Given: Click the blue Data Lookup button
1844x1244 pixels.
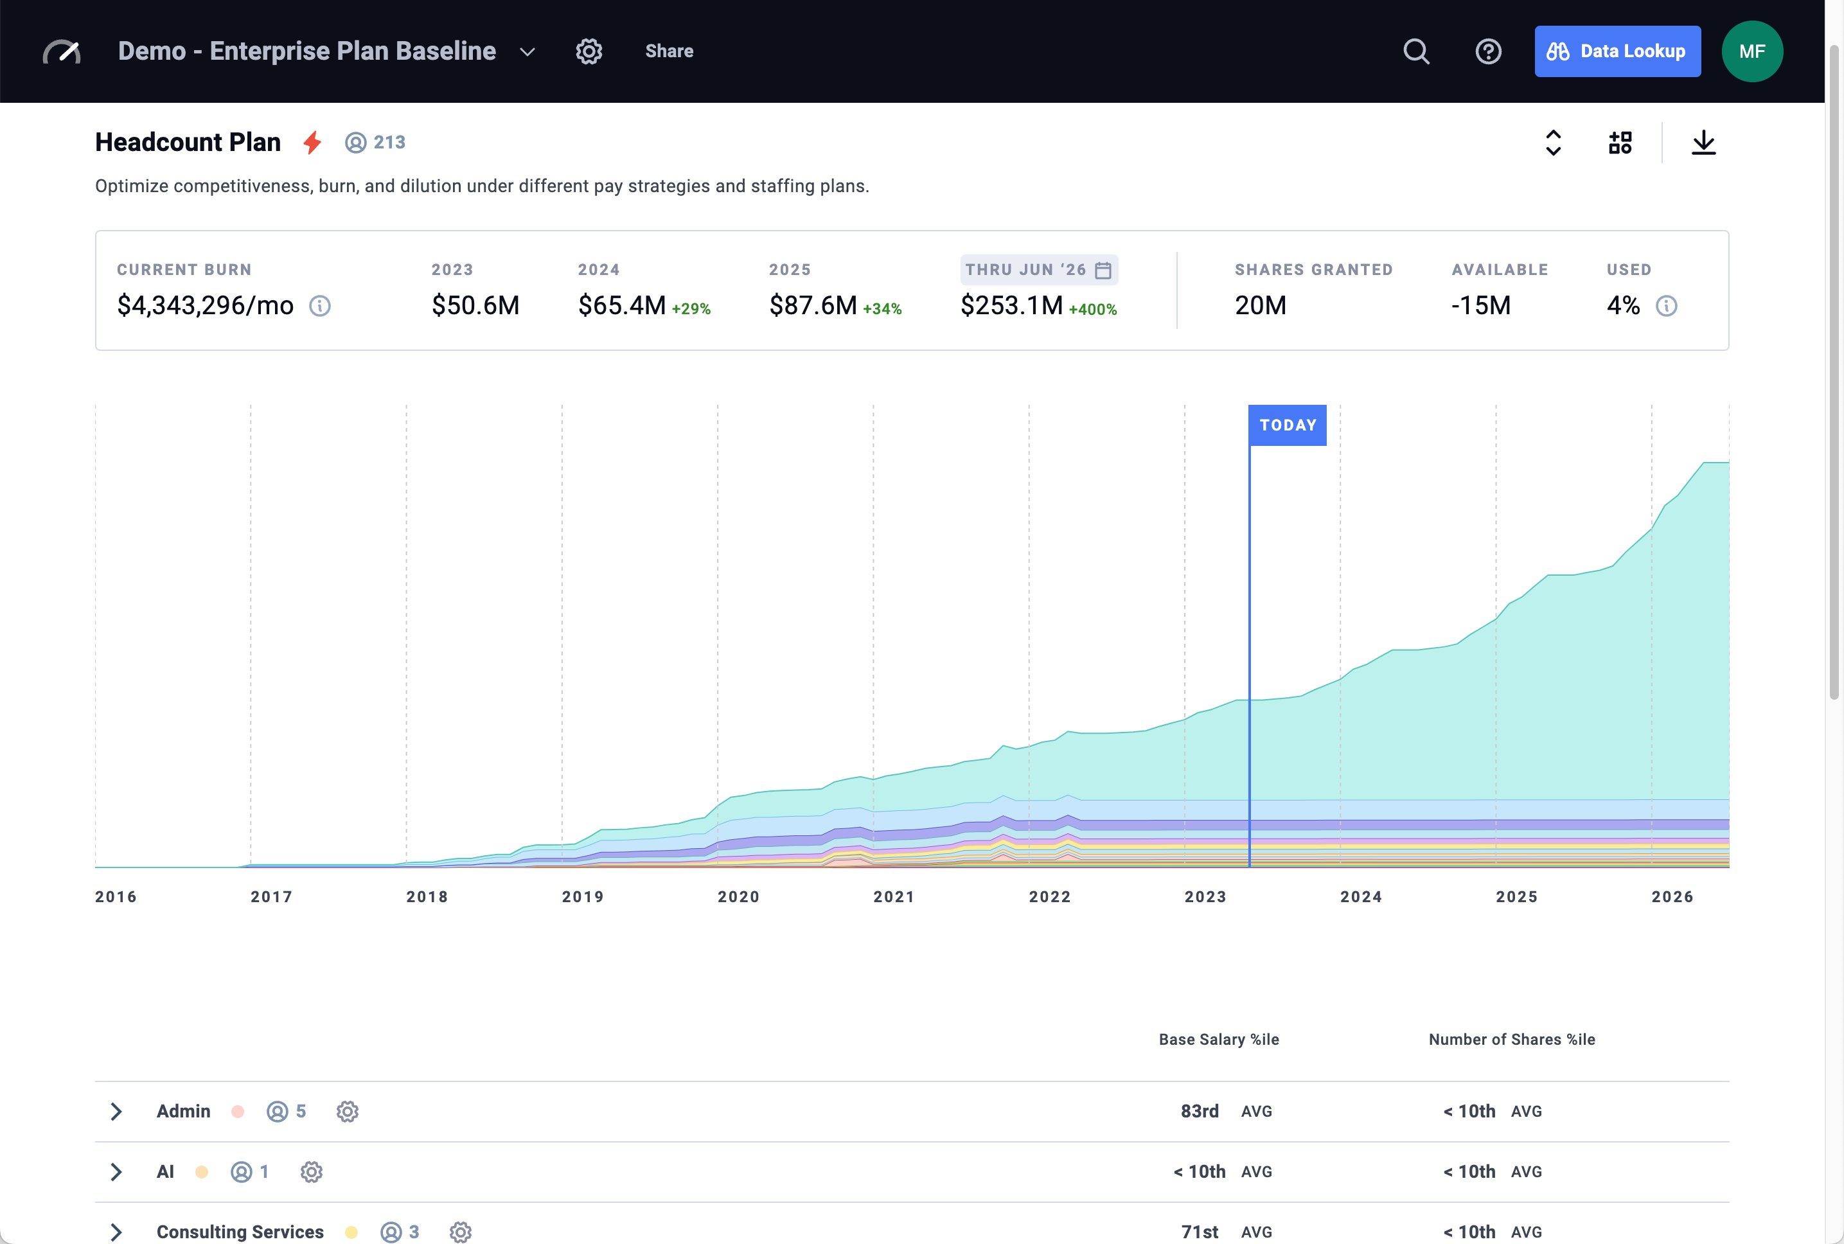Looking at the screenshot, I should point(1617,51).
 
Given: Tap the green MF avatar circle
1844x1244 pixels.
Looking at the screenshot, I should point(1751,51).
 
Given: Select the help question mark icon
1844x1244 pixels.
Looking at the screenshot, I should point(1488,51).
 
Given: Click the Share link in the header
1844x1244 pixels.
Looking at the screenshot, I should point(669,51).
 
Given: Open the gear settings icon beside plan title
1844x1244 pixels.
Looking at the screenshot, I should point(589,51).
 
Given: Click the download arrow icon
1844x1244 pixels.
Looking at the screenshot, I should point(1703,143).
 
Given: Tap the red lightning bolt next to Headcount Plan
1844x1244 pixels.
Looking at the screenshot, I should point(312,143).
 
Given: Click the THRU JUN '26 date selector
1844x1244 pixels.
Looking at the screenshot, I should point(1038,270).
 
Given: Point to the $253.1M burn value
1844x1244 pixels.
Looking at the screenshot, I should point(1011,305).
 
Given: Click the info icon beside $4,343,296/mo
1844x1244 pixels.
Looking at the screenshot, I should point(319,305).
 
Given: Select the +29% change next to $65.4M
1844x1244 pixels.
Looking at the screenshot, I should point(691,308).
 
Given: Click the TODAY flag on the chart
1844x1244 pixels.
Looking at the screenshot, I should point(1286,425).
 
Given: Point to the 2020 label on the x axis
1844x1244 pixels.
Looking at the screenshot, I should point(738,896).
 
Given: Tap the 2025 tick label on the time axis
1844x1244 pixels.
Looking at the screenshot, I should point(1516,896).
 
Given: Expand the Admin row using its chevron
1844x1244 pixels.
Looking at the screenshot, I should point(116,1111).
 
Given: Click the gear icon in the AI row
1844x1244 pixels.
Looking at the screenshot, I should point(311,1172).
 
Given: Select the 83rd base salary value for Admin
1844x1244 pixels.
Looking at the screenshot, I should point(1199,1111).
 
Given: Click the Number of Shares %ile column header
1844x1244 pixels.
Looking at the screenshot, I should point(1511,1039).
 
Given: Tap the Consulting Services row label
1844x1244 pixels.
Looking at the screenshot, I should point(240,1232).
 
